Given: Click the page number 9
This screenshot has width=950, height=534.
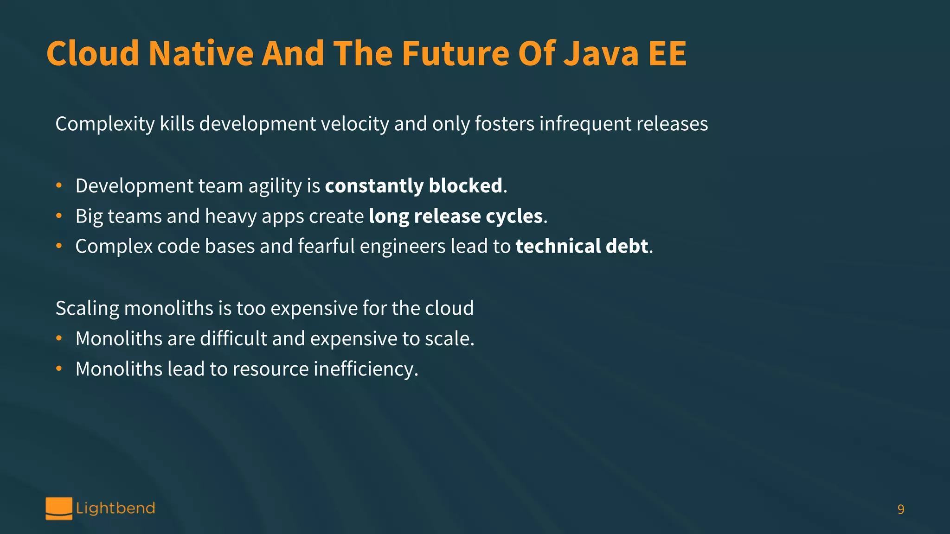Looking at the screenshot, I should click(x=900, y=509).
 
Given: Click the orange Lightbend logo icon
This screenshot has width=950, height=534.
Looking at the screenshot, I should click(x=59, y=509).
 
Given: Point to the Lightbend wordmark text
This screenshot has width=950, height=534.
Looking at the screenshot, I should click(x=116, y=509).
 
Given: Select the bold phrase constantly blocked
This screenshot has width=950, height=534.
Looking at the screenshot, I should click(x=413, y=186).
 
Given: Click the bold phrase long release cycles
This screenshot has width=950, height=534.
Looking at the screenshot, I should click(x=455, y=216).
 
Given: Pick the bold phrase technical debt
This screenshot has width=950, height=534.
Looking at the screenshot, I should click(x=582, y=246).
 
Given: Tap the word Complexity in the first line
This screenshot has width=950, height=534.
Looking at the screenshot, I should click(x=105, y=124).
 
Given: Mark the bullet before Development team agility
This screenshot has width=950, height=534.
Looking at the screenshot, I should click(x=59, y=186).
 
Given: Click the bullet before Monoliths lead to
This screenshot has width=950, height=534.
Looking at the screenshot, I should click(x=59, y=369).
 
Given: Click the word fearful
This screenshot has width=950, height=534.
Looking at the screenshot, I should click(x=326, y=246).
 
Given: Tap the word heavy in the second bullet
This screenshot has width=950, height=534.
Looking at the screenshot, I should click(x=231, y=216).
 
